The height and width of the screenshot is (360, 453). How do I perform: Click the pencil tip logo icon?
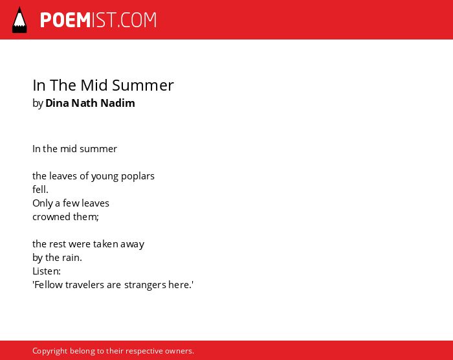[x=19, y=20]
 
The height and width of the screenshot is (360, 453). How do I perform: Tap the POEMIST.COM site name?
[x=98, y=20]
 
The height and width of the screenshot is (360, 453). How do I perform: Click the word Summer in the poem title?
[x=143, y=85]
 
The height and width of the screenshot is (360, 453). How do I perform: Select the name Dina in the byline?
[x=57, y=103]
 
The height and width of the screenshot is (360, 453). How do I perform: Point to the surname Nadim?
[x=118, y=103]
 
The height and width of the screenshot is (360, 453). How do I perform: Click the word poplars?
[x=137, y=176]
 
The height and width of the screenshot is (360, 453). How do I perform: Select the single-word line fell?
[x=40, y=190]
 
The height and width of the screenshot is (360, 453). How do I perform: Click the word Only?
[x=43, y=203]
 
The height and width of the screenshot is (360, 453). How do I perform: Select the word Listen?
[x=47, y=271]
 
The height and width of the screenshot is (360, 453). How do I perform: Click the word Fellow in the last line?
[x=48, y=285]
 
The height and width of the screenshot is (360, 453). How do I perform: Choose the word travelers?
[x=85, y=285]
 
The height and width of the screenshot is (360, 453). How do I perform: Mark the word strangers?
[x=145, y=286]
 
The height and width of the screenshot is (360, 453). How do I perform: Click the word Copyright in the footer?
[x=50, y=351]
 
